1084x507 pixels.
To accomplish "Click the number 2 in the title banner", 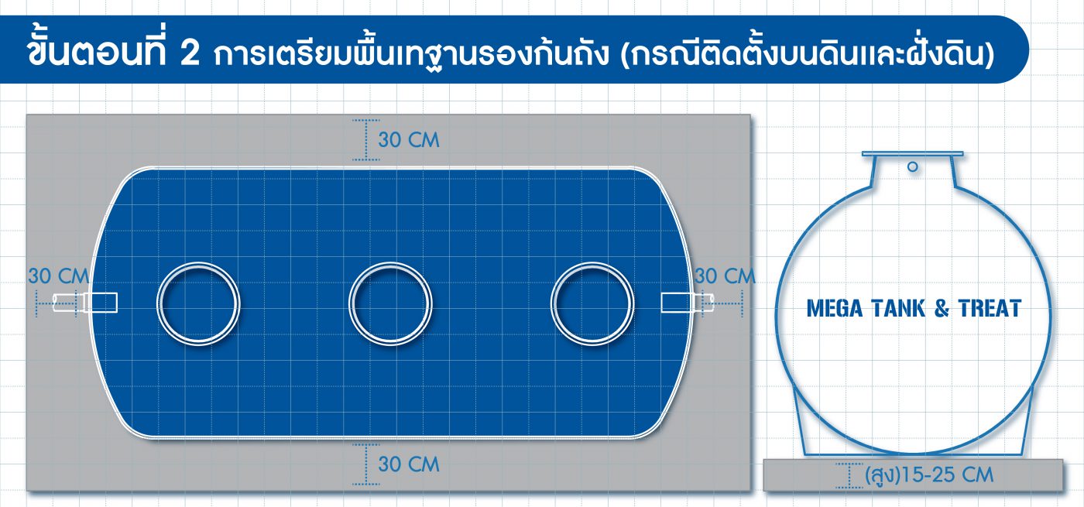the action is [189, 53].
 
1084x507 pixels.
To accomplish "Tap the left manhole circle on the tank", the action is [198, 303].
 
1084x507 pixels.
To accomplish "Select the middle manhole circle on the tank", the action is [390, 303].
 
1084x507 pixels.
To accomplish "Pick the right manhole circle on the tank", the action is [592, 303].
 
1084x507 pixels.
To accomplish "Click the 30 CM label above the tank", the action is [409, 140].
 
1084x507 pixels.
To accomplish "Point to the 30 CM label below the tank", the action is [409, 464].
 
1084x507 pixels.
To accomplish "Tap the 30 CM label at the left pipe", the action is [59, 276].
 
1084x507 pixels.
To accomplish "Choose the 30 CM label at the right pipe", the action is [725, 276].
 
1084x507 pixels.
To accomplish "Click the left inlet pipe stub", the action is [84, 303].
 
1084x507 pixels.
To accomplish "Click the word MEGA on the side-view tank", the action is [835, 309].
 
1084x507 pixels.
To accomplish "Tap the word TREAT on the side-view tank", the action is [990, 309].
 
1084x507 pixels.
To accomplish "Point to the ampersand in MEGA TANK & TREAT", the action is [942, 309].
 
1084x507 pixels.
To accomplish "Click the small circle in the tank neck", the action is [913, 167].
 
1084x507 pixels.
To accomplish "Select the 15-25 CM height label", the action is [929, 475].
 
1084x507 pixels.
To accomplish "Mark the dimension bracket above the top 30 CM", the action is [365, 139].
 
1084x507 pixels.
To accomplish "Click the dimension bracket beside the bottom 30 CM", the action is [365, 464].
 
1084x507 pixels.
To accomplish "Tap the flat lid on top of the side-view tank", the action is [913, 154].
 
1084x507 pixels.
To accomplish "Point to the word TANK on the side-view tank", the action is [898, 309].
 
